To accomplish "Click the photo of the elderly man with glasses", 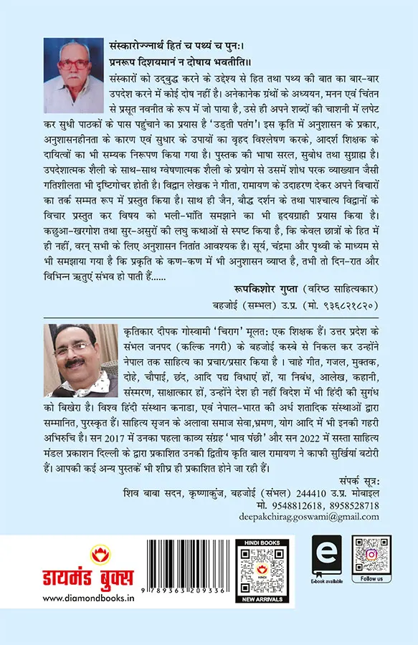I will coord(70,66).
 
